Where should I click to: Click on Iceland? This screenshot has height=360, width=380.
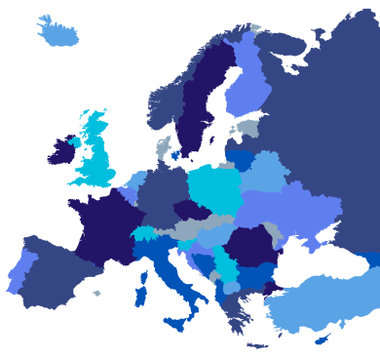pyautogui.click(x=57, y=32)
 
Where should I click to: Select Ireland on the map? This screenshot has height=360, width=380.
pyautogui.click(x=60, y=152)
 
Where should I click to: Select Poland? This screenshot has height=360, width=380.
pyautogui.click(x=212, y=190)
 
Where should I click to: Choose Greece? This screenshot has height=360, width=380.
pyautogui.click(x=234, y=310)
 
